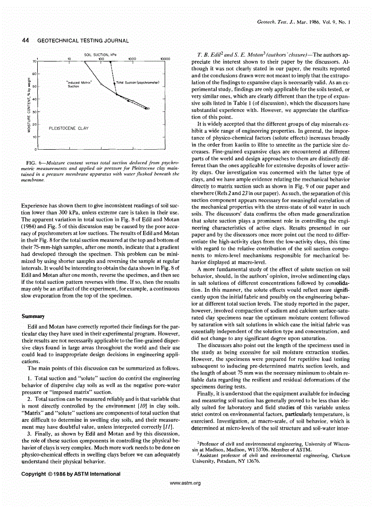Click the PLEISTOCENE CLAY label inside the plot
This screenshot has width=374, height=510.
[68, 128]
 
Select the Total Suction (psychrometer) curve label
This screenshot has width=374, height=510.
[137, 83]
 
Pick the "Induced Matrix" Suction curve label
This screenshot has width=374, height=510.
[79, 85]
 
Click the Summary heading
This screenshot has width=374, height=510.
[32, 315]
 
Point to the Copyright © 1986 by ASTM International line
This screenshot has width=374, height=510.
[71, 474]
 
